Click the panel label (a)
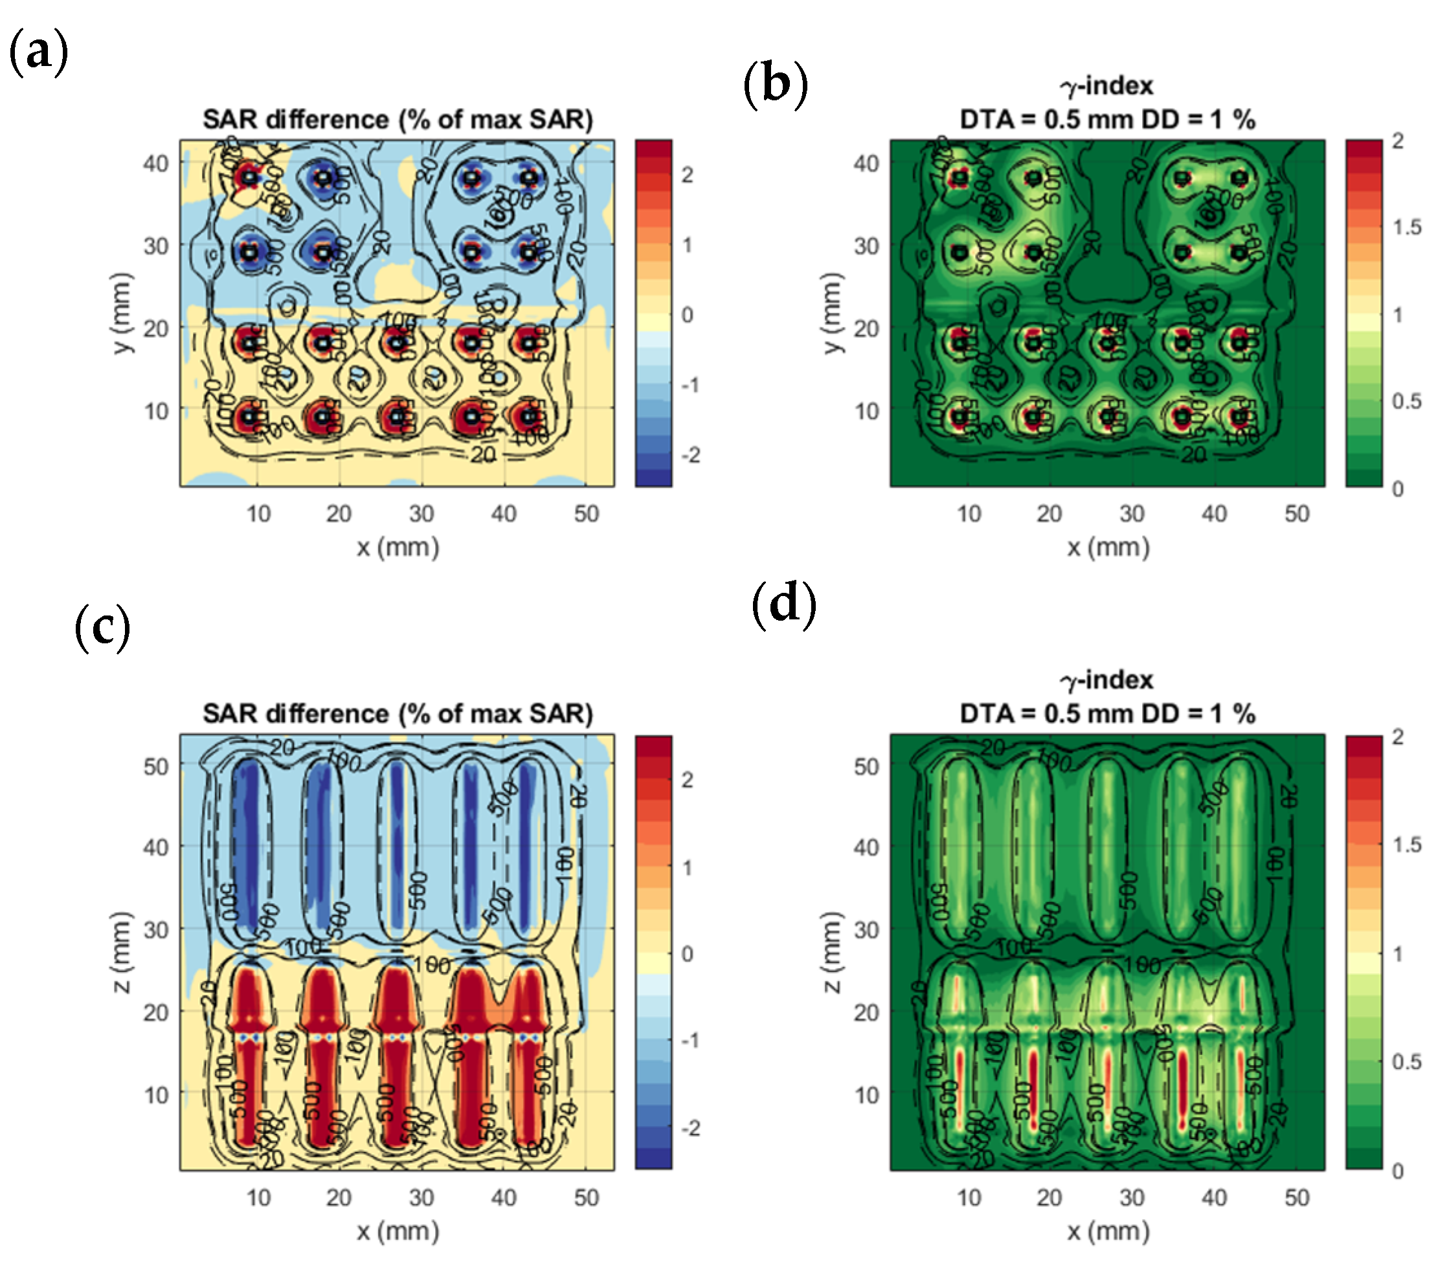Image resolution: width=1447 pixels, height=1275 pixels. pyautogui.click(x=38, y=52)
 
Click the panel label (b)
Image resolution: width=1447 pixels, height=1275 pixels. pyautogui.click(x=775, y=84)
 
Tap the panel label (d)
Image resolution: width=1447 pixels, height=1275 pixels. pyautogui.click(x=783, y=605)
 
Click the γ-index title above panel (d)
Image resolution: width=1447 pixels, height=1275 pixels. pyautogui.click(x=1106, y=680)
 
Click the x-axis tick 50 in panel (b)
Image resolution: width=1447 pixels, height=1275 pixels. pyautogui.click(x=1297, y=514)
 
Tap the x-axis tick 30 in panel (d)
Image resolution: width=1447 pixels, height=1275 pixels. pyautogui.click(x=1132, y=1198)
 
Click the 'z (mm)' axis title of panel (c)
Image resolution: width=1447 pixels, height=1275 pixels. pyautogui.click(x=122, y=951)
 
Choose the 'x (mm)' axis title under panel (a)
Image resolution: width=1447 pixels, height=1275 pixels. pyautogui.click(x=398, y=548)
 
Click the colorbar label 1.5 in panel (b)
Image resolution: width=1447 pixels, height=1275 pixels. pyautogui.click(x=1407, y=227)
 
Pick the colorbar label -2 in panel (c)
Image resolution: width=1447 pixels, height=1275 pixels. pyautogui.click(x=690, y=1128)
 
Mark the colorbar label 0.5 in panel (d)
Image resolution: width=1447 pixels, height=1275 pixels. pyautogui.click(x=1407, y=1061)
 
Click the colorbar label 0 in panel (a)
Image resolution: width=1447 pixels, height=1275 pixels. pyautogui.click(x=688, y=315)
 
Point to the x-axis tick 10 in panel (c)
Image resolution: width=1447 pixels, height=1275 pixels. pyautogui.click(x=258, y=1198)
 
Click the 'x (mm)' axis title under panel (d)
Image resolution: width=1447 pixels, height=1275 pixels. pyautogui.click(x=1108, y=1232)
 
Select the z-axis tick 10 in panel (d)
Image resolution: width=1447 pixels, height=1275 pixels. pyautogui.click(x=866, y=1095)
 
